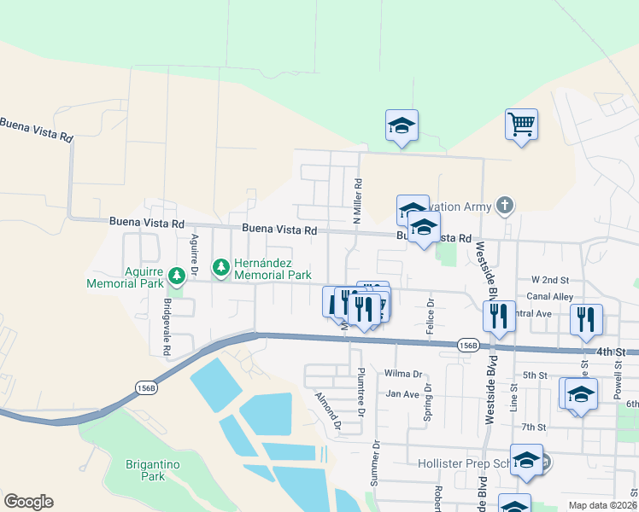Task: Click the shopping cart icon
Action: click(x=521, y=125)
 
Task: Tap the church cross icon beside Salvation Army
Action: click(x=505, y=205)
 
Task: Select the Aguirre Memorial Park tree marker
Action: click(x=177, y=275)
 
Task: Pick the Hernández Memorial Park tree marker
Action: click(x=221, y=268)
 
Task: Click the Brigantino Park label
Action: click(x=145, y=470)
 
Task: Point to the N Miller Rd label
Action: click(x=359, y=195)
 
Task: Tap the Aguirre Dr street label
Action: click(x=195, y=255)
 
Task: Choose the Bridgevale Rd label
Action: click(x=167, y=327)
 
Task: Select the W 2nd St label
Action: click(x=549, y=279)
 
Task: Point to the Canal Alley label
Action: click(x=551, y=296)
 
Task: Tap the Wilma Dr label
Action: click(x=404, y=374)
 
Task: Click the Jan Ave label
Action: click(x=402, y=394)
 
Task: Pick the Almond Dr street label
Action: click(x=328, y=411)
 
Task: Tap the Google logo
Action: click(x=28, y=502)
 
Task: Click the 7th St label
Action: click(x=534, y=427)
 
